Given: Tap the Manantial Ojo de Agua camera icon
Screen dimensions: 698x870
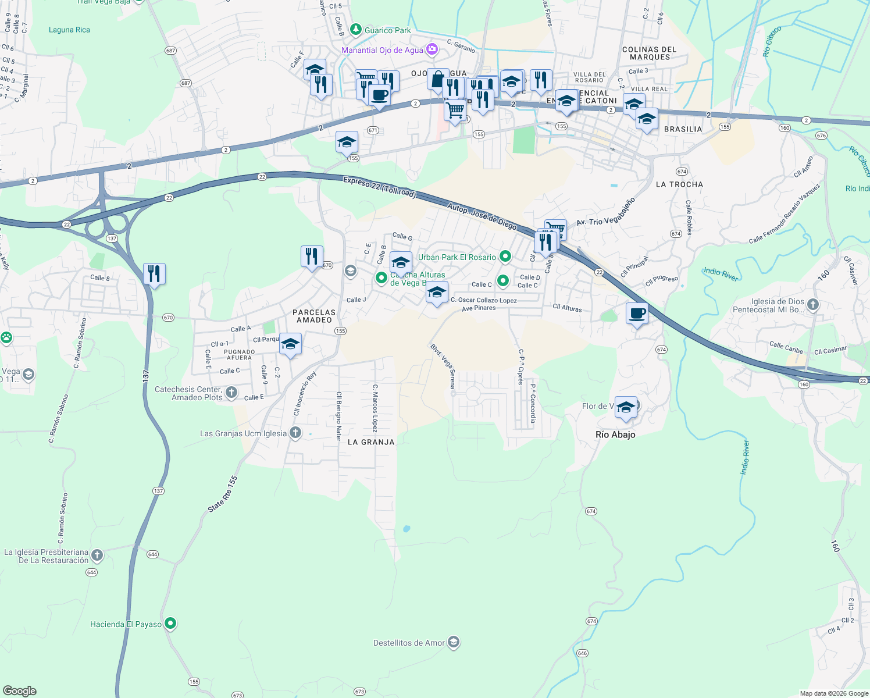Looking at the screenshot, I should click(432, 49).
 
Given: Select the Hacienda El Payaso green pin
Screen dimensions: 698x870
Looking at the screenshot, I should click(170, 624).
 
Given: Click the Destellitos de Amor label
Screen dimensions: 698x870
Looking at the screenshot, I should click(409, 643).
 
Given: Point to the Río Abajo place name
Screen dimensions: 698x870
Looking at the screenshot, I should click(615, 435).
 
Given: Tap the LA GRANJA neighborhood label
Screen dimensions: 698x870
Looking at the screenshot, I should click(371, 442).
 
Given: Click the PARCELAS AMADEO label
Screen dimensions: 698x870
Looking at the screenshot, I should click(314, 316).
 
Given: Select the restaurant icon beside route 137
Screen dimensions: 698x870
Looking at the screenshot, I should click(154, 273).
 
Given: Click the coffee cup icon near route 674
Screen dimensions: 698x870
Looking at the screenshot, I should click(637, 313).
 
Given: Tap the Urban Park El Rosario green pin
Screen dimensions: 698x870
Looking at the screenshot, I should click(505, 256).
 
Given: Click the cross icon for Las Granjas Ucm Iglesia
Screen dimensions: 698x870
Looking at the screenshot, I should click(295, 432).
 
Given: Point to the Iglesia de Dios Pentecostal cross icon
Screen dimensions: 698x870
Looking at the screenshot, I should click(813, 304).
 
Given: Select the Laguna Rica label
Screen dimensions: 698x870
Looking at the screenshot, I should click(69, 30).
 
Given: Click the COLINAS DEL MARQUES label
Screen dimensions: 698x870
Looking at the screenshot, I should click(650, 54).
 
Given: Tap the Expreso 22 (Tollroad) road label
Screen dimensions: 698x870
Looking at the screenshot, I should click(379, 187).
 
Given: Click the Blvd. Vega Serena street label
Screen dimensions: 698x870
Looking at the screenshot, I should click(443, 366).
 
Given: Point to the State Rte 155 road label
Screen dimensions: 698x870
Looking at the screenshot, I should click(223, 494).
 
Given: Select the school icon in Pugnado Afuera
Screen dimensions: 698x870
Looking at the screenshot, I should click(290, 344).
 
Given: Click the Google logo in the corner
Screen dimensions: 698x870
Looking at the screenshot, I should click(19, 690).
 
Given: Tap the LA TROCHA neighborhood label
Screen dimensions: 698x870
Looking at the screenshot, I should click(679, 184).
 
